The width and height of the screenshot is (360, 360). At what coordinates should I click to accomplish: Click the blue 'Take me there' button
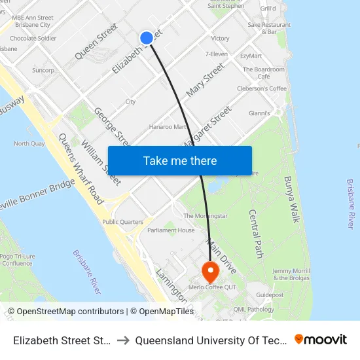180,160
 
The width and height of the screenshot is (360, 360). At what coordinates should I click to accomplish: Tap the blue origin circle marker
147,38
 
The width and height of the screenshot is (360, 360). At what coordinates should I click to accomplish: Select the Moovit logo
321,339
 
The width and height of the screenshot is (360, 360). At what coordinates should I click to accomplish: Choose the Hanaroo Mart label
168,127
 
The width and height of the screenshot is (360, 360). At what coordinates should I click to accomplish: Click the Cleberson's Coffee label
262,88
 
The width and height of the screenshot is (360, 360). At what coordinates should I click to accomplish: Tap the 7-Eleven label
216,54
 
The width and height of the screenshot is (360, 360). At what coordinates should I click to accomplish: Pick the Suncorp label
43,69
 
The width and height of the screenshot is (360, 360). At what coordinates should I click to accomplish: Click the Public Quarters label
122,222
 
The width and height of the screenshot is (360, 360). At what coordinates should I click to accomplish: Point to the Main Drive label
221,251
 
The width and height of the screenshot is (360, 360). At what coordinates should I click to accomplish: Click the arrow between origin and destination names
122,340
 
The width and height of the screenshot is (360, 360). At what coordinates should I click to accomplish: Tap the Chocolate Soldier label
33,39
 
